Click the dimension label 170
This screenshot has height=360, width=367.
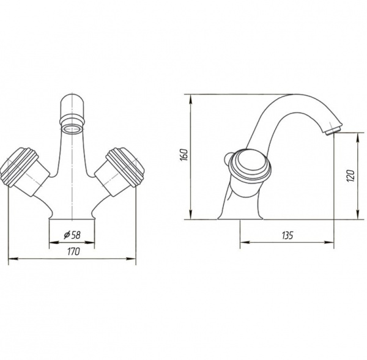tap(74, 252)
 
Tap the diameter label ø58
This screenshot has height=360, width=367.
tap(72, 235)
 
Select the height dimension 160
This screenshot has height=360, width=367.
tap(184, 155)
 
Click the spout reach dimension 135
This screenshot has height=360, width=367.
tap(287, 235)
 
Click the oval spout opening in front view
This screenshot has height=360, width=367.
tap(73, 128)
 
